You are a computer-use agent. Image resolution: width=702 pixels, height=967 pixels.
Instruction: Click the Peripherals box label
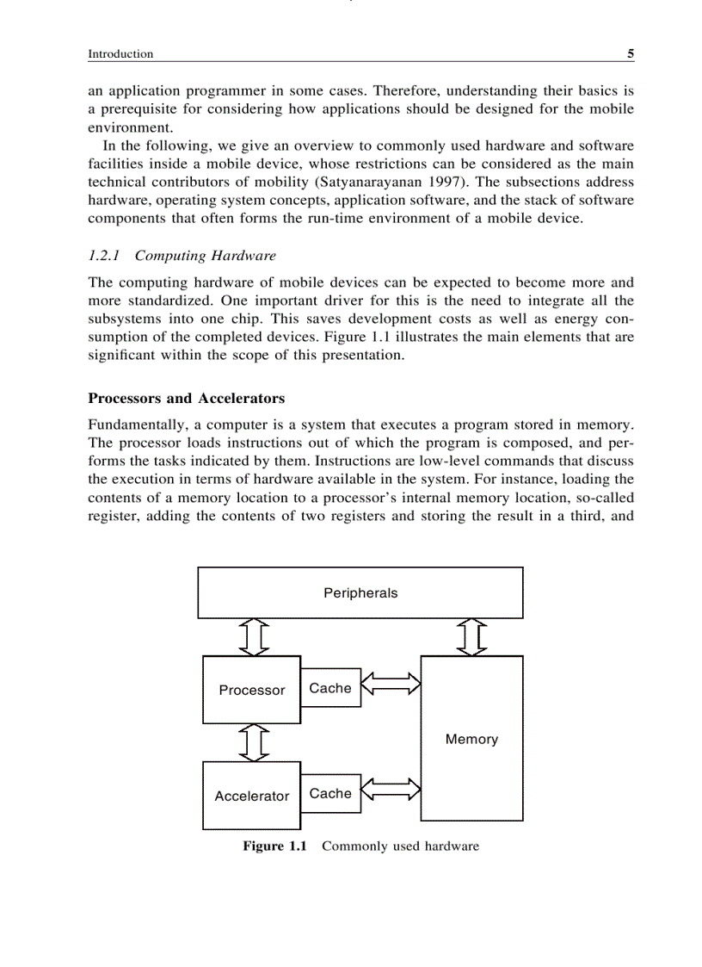point(360,593)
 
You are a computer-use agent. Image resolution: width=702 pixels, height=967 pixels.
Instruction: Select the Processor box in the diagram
point(251,690)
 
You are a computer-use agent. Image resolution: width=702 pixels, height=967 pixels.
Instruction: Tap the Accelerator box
point(251,796)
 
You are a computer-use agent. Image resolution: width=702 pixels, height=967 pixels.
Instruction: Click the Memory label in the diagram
point(471,739)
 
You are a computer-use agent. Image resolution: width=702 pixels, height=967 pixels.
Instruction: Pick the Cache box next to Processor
point(330,688)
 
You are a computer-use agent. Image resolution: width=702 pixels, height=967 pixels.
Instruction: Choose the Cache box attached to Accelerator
point(330,793)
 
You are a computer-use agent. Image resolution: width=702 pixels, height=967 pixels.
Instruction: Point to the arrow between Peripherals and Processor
point(253,637)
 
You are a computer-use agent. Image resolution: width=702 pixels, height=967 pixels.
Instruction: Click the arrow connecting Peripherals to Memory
point(471,637)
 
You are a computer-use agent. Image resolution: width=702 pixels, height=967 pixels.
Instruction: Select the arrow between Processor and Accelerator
point(253,742)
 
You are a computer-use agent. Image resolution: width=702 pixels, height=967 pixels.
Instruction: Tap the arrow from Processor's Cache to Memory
point(391,685)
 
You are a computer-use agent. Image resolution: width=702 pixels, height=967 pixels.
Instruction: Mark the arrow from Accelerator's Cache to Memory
point(391,788)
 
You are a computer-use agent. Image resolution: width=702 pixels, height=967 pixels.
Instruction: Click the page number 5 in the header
point(630,53)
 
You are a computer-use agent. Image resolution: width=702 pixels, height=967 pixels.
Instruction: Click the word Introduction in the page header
point(120,53)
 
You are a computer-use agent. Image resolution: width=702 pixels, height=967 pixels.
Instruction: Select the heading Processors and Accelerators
point(186,399)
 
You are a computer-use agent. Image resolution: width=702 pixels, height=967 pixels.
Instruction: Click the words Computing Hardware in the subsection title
point(205,256)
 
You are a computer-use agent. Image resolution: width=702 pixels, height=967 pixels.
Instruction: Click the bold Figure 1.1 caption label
point(274,846)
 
